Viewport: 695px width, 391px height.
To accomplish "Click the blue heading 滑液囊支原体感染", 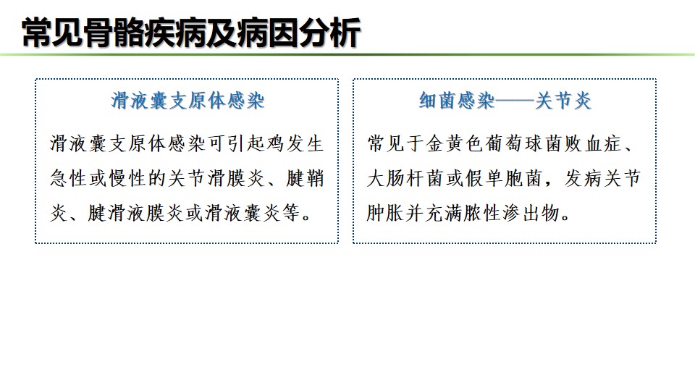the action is (x=188, y=101).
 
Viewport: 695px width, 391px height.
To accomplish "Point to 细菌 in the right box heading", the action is (x=437, y=101).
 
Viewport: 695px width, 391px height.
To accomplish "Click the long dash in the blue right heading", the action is (x=515, y=101).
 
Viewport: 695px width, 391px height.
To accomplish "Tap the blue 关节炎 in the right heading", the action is (x=563, y=101).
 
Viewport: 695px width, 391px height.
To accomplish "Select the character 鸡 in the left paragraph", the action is (x=276, y=143).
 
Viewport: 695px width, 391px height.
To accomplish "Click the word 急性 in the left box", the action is (x=68, y=178).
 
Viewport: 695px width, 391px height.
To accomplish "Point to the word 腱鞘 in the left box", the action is (x=306, y=178).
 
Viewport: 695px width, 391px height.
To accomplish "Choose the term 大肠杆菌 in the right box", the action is (x=405, y=178).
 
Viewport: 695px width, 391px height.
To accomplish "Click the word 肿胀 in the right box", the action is (x=384, y=213).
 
